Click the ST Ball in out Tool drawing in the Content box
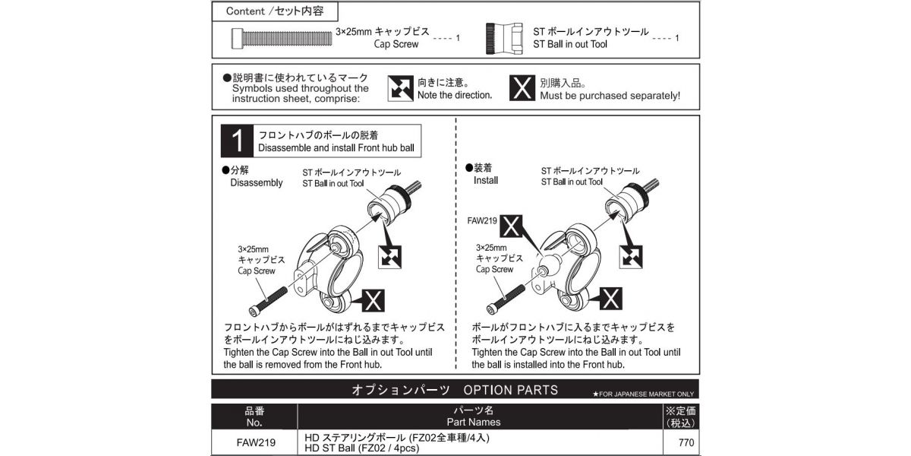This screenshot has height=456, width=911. [505, 38]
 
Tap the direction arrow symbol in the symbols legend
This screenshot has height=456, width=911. [399, 88]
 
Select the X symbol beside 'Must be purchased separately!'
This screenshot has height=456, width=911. [521, 88]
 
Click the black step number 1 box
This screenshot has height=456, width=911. [237, 141]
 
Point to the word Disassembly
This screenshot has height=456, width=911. [256, 183]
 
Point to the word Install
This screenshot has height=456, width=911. [486, 182]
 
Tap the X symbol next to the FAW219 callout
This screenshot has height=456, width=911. [513, 226]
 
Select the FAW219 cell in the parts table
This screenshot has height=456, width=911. [254, 443]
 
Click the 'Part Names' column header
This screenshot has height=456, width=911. [478, 422]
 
